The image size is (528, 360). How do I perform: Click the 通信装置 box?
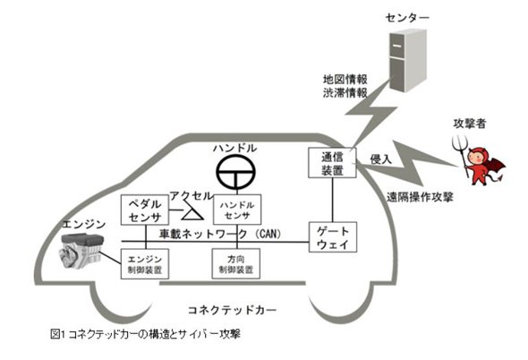[x=332, y=163]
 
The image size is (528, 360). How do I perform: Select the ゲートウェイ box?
[x=333, y=237]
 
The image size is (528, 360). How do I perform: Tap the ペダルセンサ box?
[x=145, y=210]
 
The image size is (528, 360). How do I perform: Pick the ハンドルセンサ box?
[x=237, y=210]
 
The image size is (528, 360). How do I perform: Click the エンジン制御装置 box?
[x=145, y=264]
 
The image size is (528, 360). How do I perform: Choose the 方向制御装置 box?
[x=236, y=263]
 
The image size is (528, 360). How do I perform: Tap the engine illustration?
[x=81, y=251]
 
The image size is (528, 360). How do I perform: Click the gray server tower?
[x=408, y=61]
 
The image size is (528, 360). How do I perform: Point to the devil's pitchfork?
[x=463, y=156]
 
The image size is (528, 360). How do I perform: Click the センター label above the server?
[x=407, y=18]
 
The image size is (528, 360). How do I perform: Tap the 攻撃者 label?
[x=470, y=124]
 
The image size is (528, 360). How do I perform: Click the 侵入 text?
[x=381, y=159]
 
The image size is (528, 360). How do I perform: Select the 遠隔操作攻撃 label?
[x=420, y=197]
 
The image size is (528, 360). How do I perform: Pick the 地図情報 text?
[x=345, y=80]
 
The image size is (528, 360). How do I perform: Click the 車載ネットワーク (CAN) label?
[x=220, y=234]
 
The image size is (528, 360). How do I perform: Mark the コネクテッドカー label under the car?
[x=233, y=310]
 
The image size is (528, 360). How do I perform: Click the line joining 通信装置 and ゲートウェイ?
[x=333, y=200]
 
